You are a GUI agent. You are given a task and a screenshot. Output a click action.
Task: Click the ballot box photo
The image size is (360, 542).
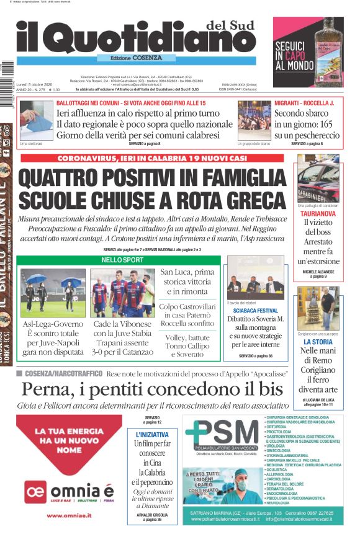coord(36,120)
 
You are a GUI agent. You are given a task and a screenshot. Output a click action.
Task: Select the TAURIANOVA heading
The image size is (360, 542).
coord(318,213)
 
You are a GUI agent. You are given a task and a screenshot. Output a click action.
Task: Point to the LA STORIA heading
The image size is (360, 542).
coord(318,342)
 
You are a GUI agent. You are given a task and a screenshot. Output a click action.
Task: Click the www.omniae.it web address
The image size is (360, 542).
coord(69,515)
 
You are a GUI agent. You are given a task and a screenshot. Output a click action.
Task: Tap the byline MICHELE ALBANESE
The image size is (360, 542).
coord(318,272)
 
